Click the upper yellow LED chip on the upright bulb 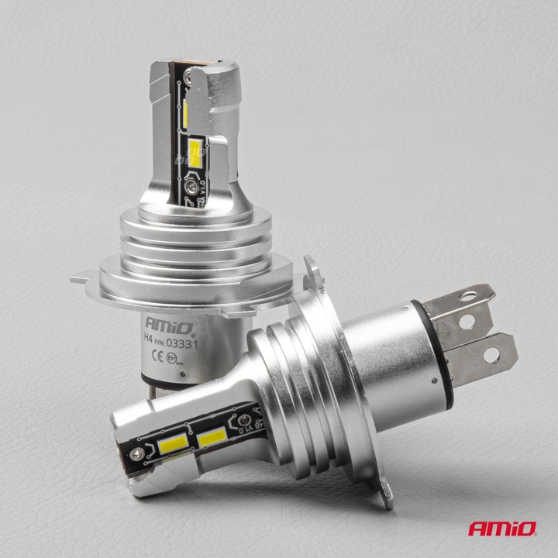coord(190,108)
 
